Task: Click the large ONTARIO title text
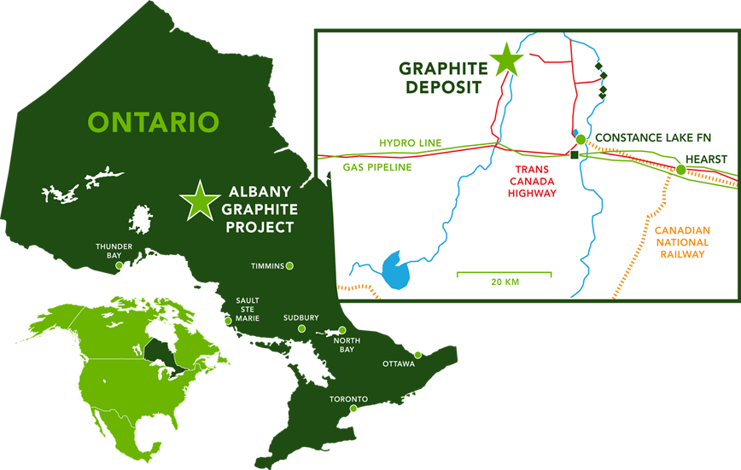(154, 122)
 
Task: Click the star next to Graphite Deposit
(505, 59)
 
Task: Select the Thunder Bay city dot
(119, 266)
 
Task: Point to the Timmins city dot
(289, 266)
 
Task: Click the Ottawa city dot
(417, 355)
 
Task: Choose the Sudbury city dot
(300, 329)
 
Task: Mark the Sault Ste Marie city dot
(227, 321)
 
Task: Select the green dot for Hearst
(680, 170)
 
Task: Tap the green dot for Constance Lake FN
(581, 139)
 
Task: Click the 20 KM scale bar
(504, 275)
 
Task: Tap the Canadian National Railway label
(681, 242)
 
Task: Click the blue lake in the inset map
(395, 271)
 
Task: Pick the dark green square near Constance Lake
(575, 155)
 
